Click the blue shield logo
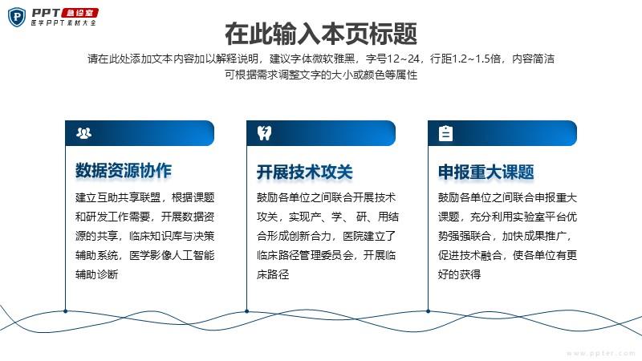pos(17,17)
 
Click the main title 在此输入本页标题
pos(321,34)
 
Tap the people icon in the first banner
pos(84,133)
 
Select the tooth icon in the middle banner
pos(265,133)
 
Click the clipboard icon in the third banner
pos(445,133)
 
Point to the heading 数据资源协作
pos(124,171)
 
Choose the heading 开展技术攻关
pos(305,172)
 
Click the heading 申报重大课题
pos(486,172)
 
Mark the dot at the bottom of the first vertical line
pos(66,311)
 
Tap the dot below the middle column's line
pos(246,311)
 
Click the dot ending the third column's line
pos(428,311)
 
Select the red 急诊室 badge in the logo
pos(79,13)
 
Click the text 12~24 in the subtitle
pos(404,59)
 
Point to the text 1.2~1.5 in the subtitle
pos(469,59)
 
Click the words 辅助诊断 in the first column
pos(96,274)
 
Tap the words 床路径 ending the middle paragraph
pos(273,274)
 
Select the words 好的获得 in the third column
pos(459,274)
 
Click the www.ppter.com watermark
pos(601,353)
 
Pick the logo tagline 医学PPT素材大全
pos(63,23)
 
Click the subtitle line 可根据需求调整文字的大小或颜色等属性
pos(321,75)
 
